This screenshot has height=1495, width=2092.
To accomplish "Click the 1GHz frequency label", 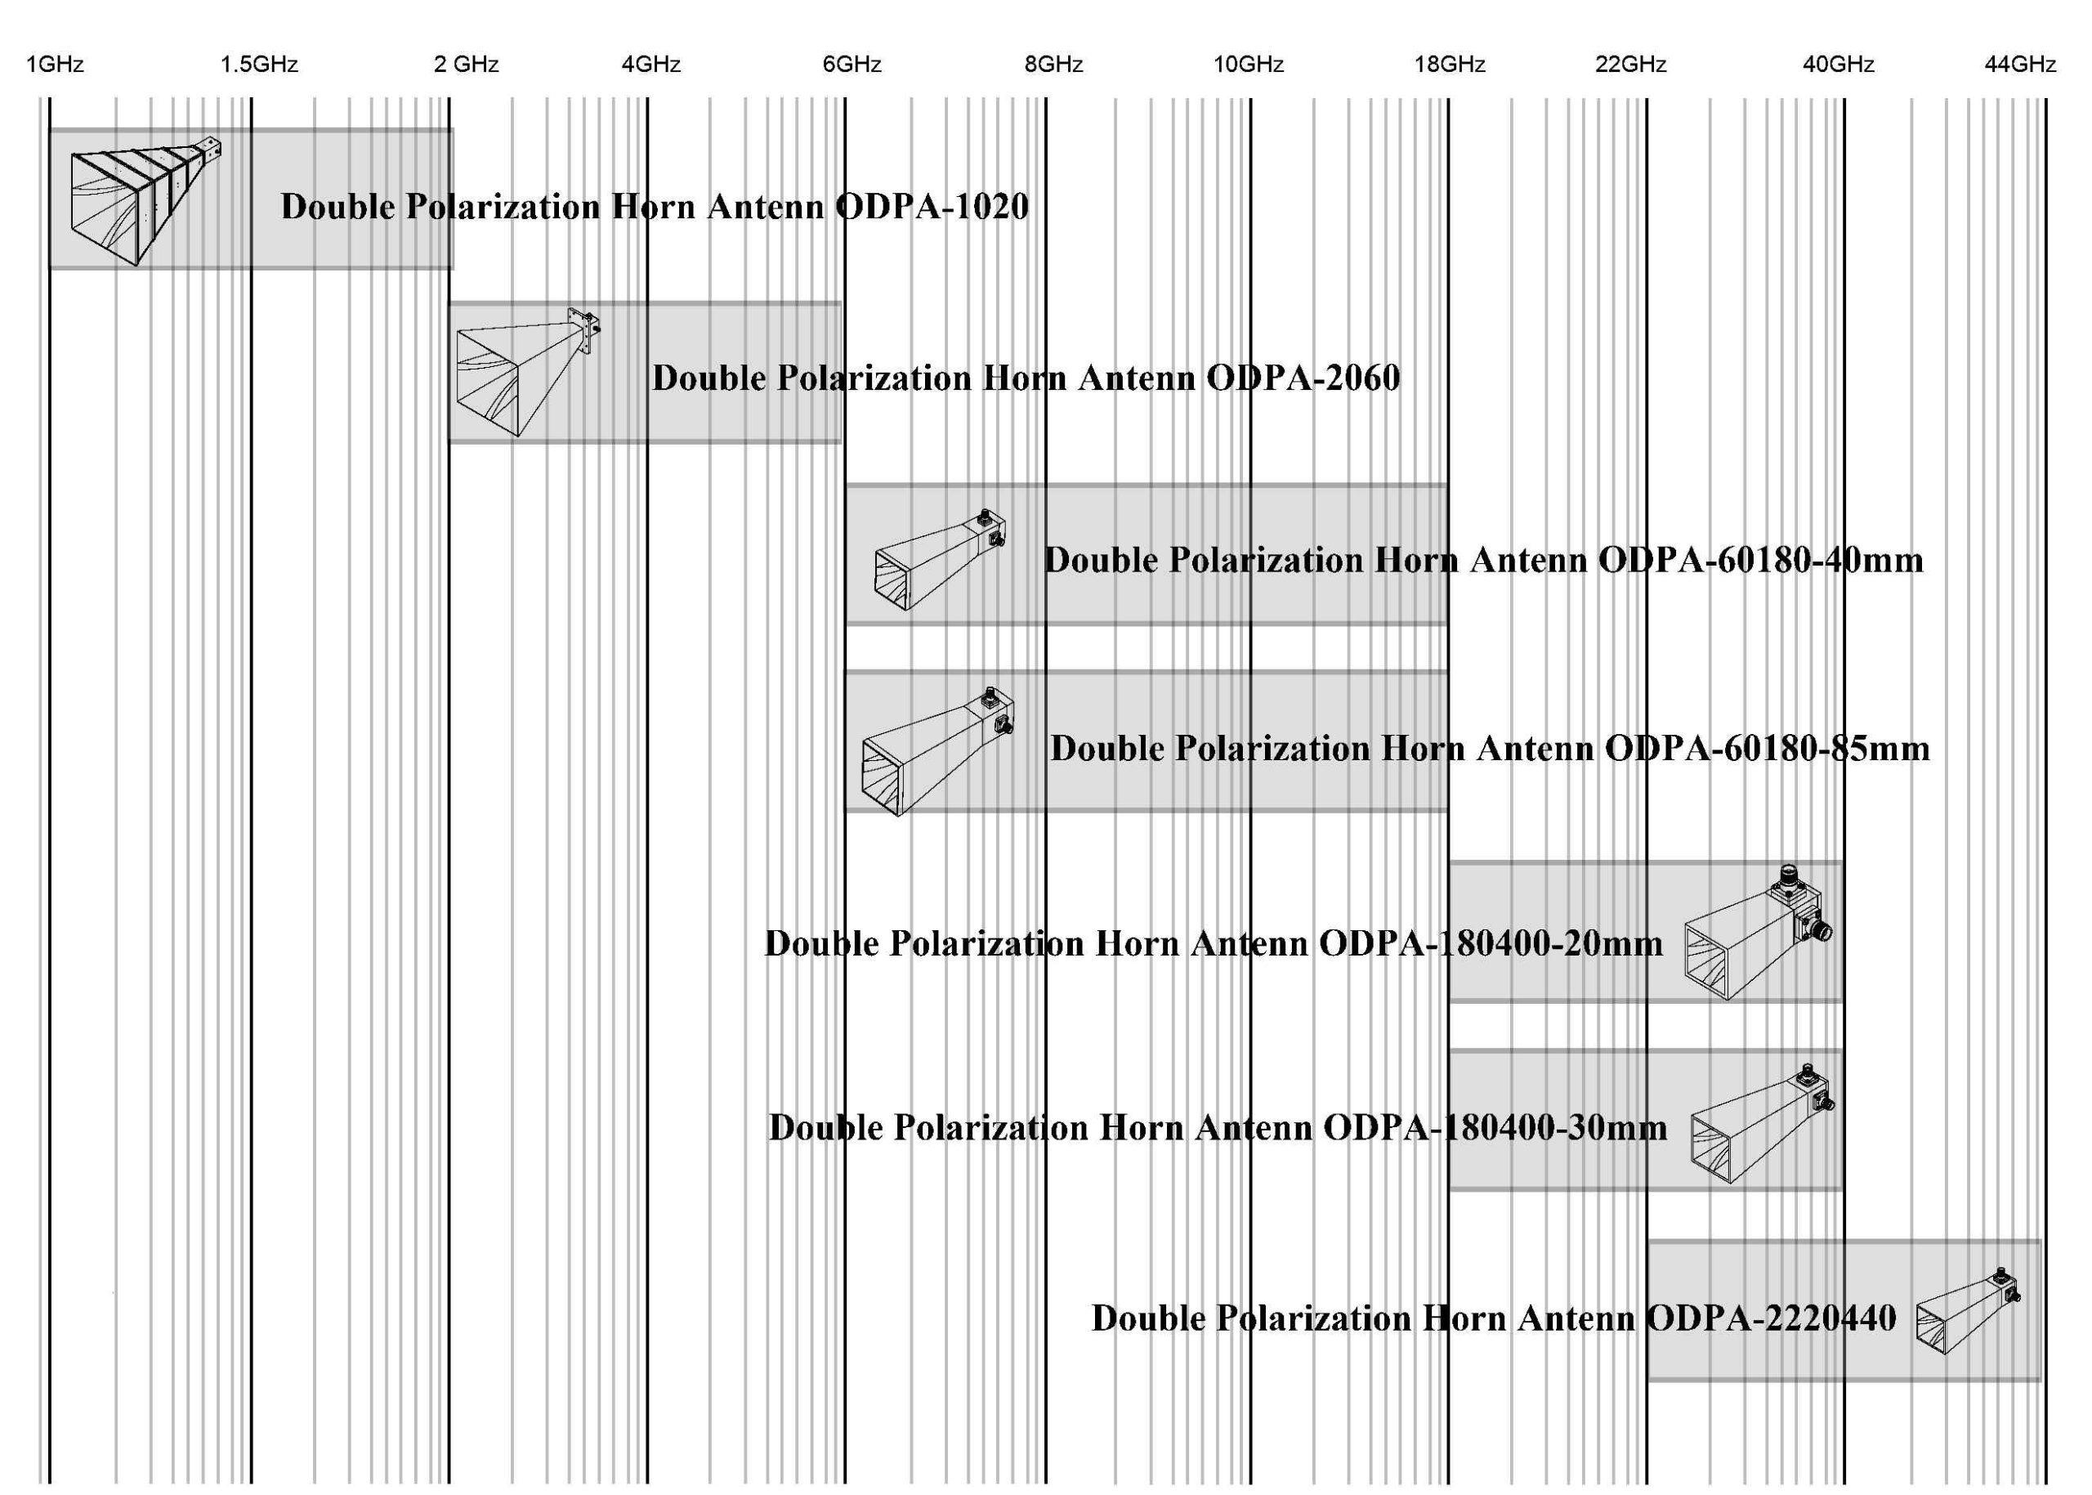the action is point(56,65).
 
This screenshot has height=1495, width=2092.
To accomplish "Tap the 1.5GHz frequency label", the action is point(260,65).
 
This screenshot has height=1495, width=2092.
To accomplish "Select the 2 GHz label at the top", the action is point(467,65).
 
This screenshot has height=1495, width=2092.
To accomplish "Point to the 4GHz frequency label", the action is point(650,65).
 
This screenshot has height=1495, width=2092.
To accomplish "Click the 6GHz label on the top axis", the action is point(852,65).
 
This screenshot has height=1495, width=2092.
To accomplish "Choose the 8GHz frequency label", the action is point(1054,65).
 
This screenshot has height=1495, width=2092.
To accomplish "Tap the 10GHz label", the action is point(1249,65).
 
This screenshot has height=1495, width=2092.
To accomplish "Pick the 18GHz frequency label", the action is point(1451,65).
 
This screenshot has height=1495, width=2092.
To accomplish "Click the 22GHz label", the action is point(1631,65).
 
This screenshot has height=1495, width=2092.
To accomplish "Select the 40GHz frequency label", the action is point(1839,65).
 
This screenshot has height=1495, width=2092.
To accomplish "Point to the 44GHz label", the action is point(2020,65).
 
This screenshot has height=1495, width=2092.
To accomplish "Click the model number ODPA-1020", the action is point(932,206).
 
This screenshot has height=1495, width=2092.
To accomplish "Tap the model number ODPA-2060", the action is point(1303,378).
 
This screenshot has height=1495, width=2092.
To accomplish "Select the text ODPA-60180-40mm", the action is point(1761,560).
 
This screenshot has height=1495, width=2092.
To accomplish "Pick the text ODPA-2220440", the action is point(1771,1318).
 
